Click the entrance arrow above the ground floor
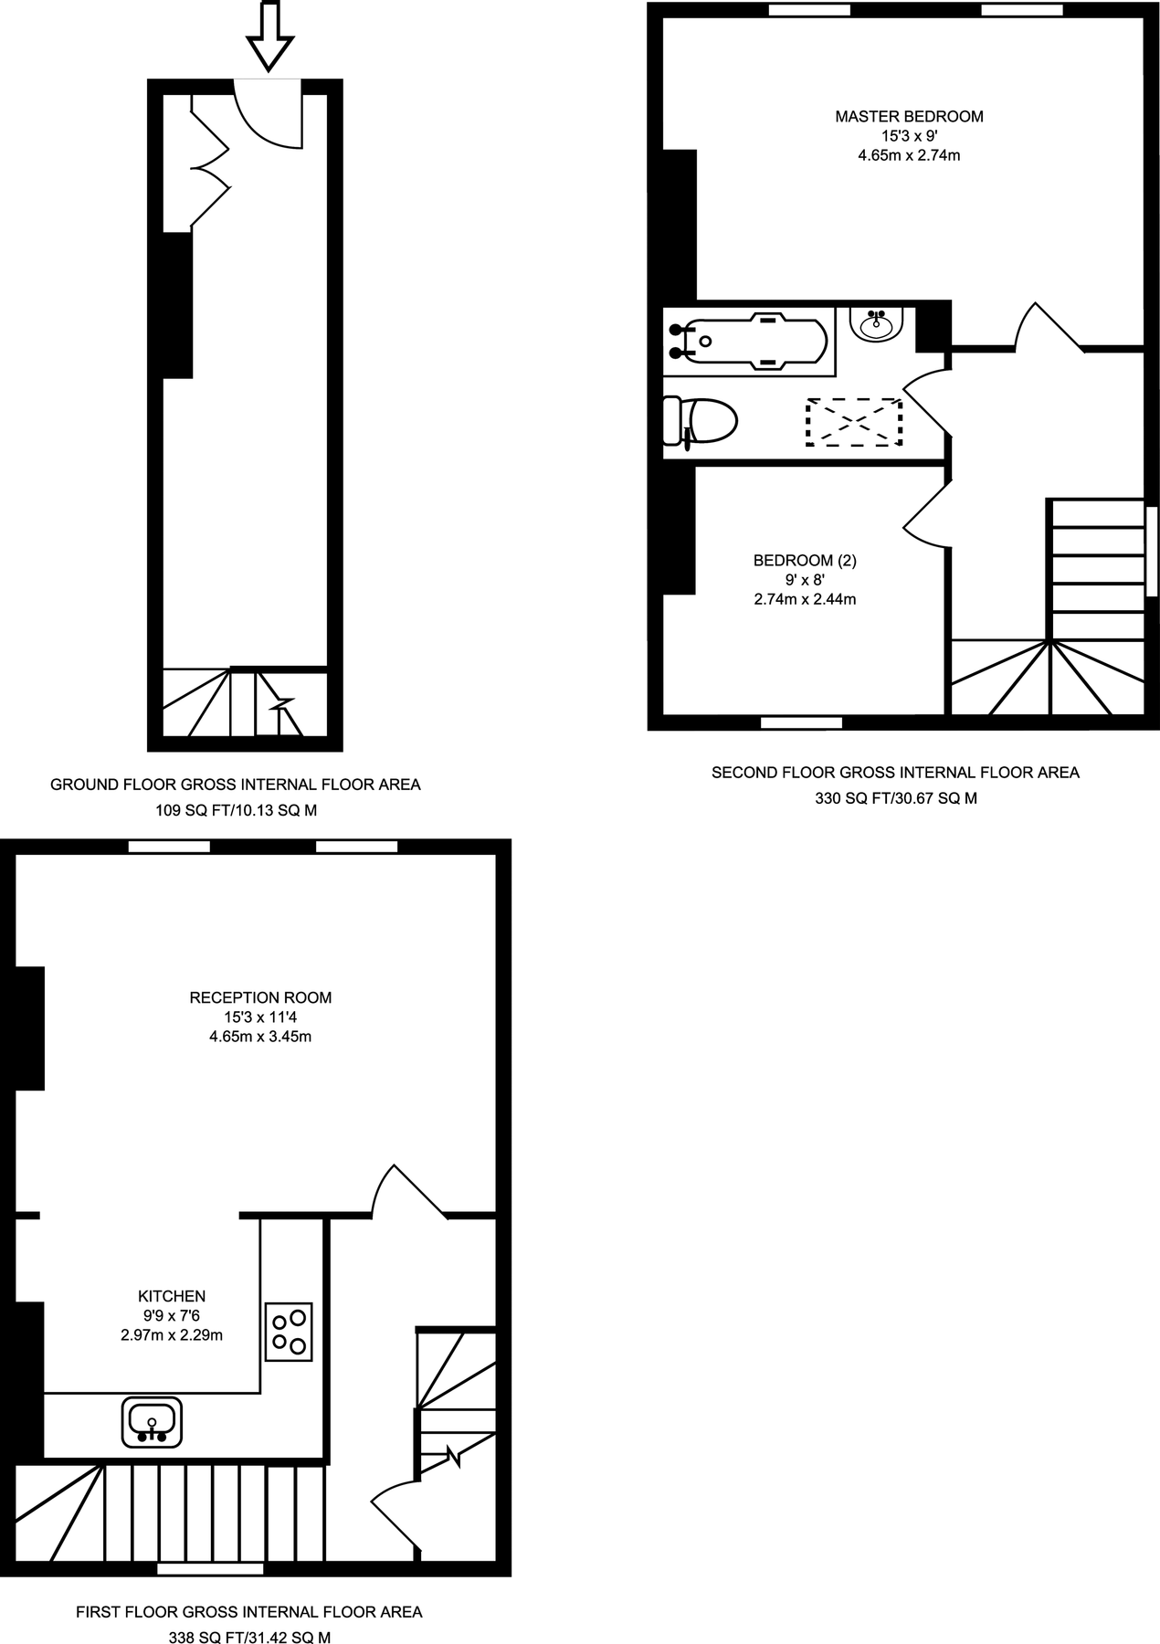270,37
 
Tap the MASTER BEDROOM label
909,116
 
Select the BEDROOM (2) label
805,560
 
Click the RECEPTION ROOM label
260,997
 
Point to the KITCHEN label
172,1295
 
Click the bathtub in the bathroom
749,342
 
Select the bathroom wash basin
877,323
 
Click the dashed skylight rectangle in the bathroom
854,422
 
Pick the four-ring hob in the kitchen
289,1332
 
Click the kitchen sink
152,1422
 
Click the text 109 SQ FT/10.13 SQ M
235,810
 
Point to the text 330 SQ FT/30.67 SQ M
895,797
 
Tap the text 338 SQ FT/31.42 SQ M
249,1638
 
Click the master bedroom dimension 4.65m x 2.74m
909,155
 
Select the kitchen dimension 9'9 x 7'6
172,1315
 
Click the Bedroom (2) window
801,723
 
